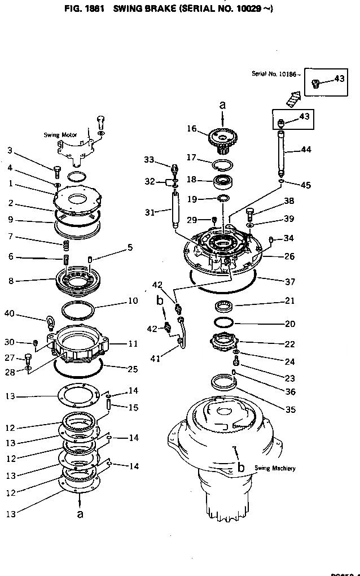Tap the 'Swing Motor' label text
pos(60,135)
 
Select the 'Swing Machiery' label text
pos(275,468)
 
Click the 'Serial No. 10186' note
pos(276,74)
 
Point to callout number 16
pos(191,129)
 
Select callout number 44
pos(306,150)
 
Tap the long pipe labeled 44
pos(282,152)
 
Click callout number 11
pos(133,343)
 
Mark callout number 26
pos(289,257)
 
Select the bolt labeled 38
pos(251,213)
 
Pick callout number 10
pos(132,301)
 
